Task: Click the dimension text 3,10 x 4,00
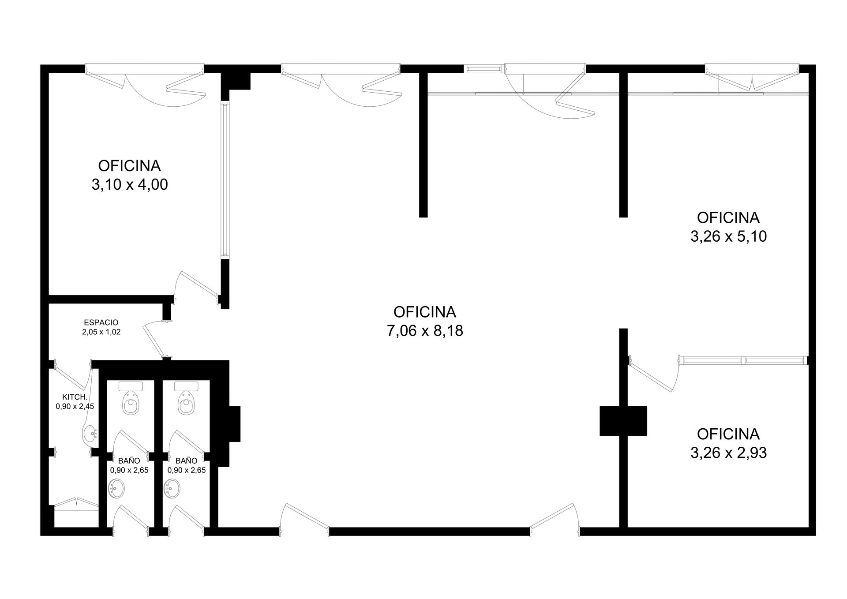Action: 130,184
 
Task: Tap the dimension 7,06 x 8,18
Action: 425,330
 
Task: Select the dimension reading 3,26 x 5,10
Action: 728,236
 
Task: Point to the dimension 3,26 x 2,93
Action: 728,453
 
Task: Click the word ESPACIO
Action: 101,322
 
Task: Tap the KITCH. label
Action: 75,397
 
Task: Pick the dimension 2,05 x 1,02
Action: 101,332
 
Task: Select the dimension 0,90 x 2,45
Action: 75,406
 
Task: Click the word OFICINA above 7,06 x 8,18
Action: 425,312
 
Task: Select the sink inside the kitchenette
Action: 90,433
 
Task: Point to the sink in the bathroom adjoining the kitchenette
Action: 116,489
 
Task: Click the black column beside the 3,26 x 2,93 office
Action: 623,421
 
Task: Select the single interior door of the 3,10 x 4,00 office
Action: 199,284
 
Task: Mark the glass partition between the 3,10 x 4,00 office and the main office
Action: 225,180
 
